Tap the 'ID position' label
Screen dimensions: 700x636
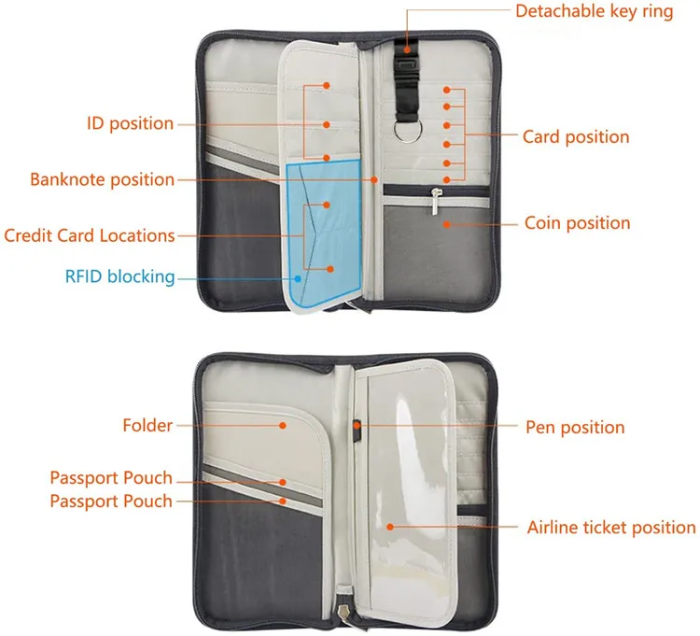click(130, 123)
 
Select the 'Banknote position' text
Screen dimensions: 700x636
click(102, 179)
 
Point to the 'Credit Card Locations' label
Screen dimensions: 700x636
click(89, 235)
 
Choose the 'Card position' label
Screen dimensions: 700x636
click(576, 137)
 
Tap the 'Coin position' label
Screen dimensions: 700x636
click(577, 223)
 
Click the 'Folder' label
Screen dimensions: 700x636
click(147, 426)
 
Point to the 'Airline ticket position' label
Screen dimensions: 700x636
click(611, 528)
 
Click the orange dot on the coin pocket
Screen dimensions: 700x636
click(446, 223)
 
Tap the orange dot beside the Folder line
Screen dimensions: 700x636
click(282, 426)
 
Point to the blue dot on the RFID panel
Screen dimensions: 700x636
click(298, 276)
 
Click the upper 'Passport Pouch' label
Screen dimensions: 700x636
click(111, 478)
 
